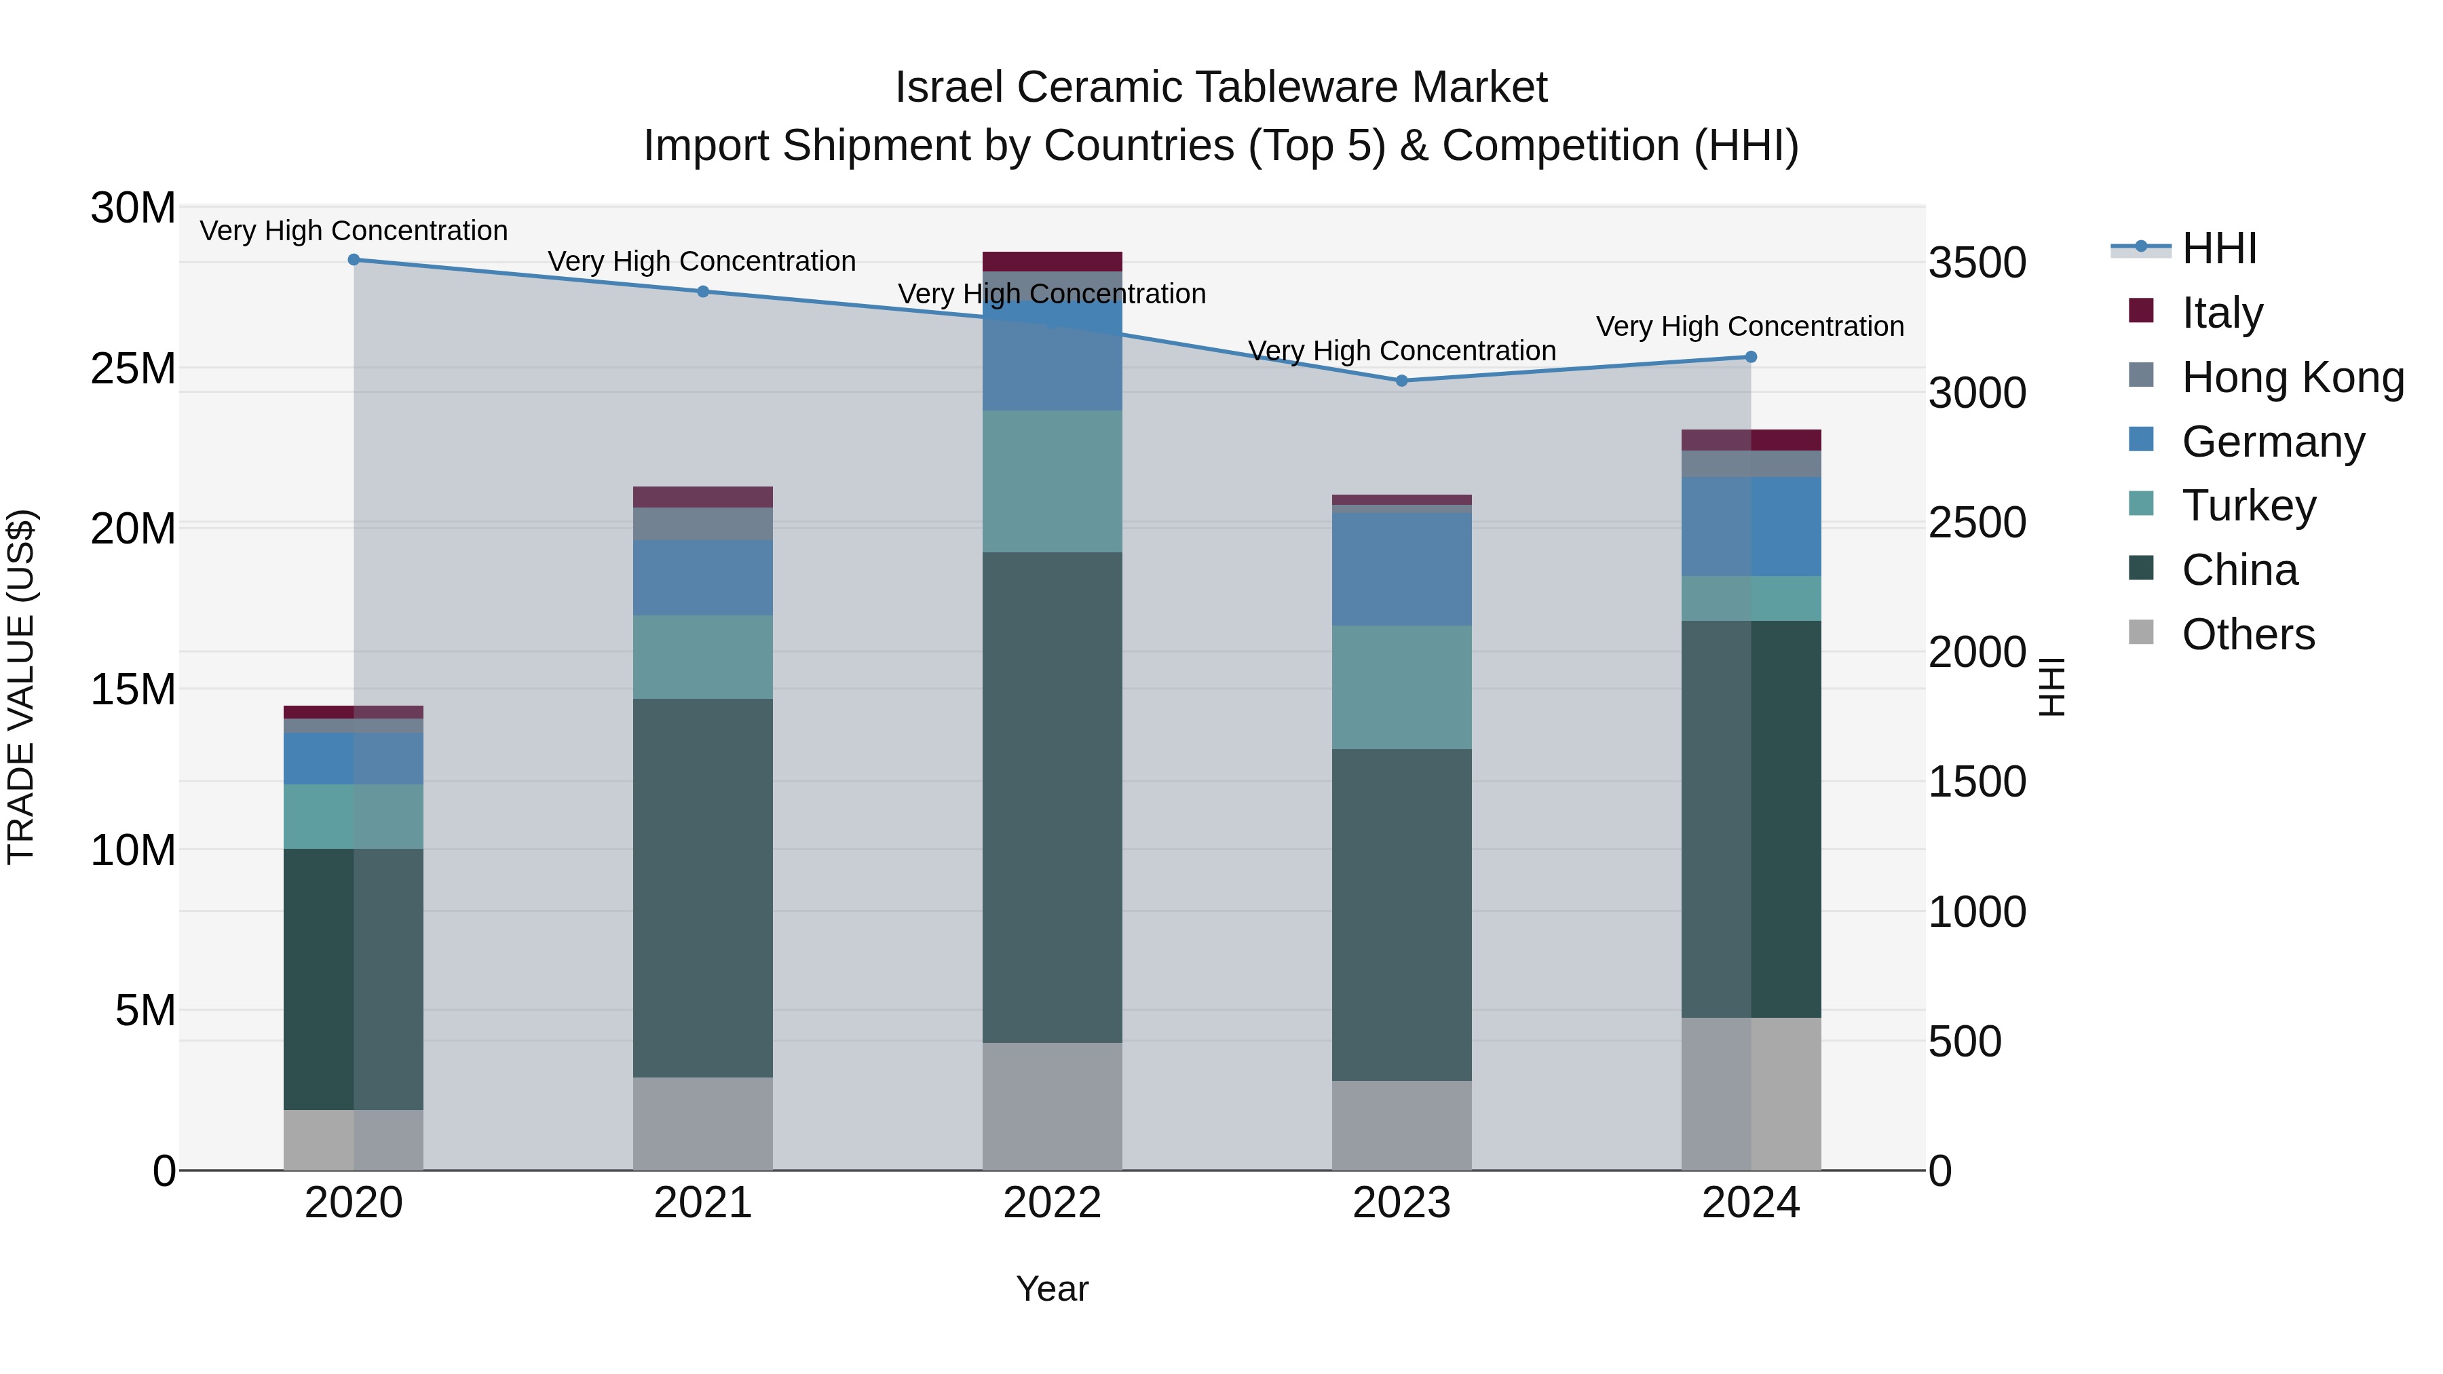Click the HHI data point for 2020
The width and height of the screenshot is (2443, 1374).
point(354,260)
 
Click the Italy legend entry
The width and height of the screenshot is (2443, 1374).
point(2222,313)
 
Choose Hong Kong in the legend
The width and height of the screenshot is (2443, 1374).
point(2292,377)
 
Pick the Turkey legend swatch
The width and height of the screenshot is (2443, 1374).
point(2142,503)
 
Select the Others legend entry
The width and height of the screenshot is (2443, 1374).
point(2248,634)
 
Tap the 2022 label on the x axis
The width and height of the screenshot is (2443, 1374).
point(1052,1203)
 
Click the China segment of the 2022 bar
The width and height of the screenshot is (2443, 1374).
point(1052,797)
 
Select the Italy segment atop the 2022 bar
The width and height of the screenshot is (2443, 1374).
point(1052,262)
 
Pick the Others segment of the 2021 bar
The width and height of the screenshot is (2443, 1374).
point(703,1124)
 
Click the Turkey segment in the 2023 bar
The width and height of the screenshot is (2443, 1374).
point(1402,687)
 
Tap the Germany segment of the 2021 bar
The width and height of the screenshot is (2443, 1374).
point(703,577)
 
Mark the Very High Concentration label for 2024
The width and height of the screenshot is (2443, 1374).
point(1749,326)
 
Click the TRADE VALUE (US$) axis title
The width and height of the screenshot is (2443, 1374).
point(22,687)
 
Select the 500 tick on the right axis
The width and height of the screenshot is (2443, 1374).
point(1965,1041)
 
